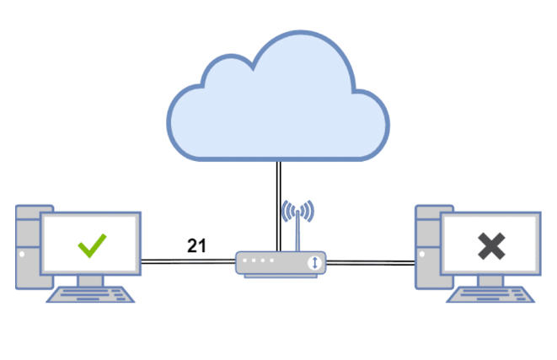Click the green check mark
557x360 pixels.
(x=91, y=245)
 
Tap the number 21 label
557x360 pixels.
(x=196, y=245)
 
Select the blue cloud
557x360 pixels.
(x=277, y=97)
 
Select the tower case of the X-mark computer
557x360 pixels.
(x=426, y=244)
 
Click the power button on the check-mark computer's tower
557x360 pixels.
(x=21, y=252)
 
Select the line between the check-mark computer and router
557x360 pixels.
(x=185, y=262)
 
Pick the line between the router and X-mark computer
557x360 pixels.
(x=371, y=262)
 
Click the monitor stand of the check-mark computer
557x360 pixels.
(x=91, y=281)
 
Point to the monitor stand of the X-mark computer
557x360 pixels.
(x=490, y=281)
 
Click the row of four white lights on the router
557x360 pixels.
(x=256, y=262)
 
